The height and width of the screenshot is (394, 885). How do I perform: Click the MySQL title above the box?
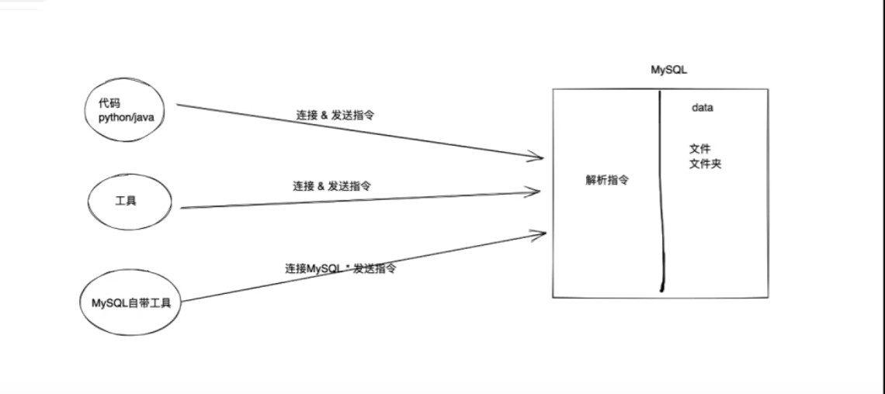coord(669,70)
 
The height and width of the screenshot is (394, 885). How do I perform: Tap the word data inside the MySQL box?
coord(702,109)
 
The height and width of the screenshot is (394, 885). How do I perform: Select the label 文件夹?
coord(705,164)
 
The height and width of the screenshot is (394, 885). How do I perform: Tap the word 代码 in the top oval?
coord(109,103)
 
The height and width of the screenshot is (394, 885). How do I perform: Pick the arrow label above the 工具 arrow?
coord(331,186)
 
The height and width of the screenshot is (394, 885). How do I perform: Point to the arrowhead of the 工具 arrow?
coord(536,190)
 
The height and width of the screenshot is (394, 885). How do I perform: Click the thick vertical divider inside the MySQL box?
coord(662,194)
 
